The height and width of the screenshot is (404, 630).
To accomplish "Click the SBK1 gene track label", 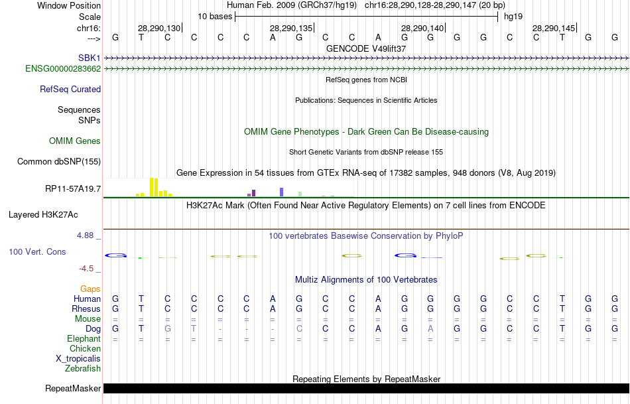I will [x=90, y=58].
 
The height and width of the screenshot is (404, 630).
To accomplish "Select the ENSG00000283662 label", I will [x=63, y=68].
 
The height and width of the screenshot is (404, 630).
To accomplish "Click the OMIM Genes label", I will [x=75, y=141].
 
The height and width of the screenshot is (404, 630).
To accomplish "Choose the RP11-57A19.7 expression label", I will [x=73, y=189].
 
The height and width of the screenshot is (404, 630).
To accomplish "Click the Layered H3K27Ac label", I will [x=43, y=214].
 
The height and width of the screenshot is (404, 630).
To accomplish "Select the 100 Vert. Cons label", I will [x=37, y=252].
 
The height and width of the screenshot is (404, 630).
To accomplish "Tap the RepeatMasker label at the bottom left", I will [x=73, y=388].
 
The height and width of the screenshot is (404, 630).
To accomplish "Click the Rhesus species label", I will [x=86, y=308].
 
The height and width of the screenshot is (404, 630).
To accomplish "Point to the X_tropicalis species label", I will [x=78, y=358].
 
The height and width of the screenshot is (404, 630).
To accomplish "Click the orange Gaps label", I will [x=90, y=289].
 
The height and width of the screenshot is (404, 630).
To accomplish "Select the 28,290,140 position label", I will [x=422, y=29].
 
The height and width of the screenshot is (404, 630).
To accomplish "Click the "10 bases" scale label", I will [x=215, y=16].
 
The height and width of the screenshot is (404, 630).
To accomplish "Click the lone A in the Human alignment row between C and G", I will [x=272, y=299].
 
